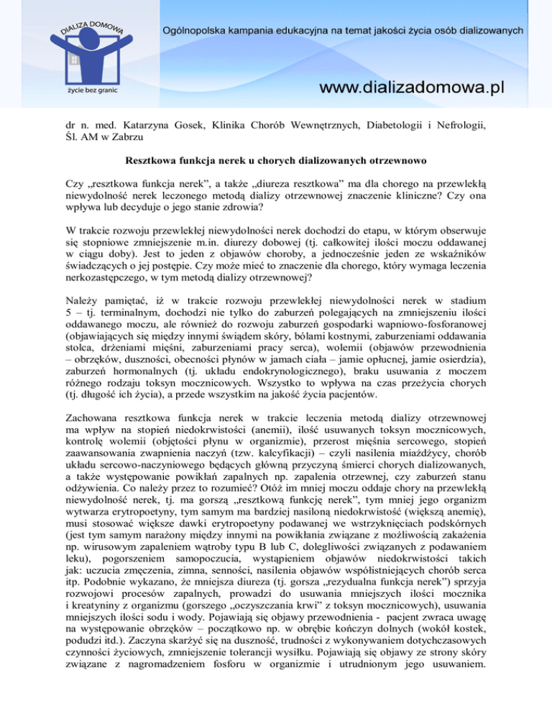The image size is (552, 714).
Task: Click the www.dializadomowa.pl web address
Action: coord(412,88)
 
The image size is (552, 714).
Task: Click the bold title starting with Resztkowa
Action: coord(275,164)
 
